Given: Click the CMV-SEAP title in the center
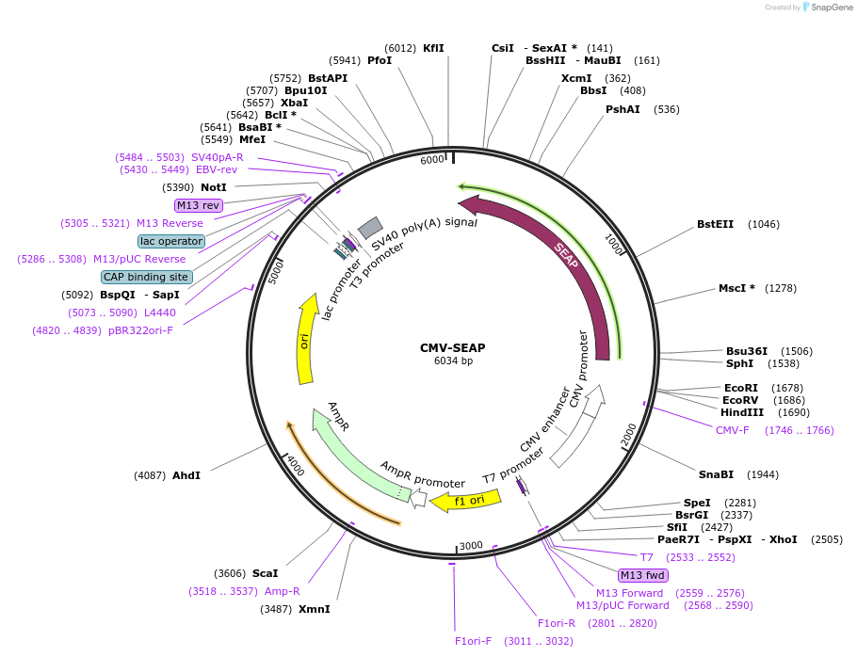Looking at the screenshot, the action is (452, 347).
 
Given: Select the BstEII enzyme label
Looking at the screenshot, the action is (715, 224).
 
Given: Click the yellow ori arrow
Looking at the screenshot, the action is (306, 339).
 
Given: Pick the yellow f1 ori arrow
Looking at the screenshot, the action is (461, 501).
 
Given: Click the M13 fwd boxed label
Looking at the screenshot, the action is (642, 575).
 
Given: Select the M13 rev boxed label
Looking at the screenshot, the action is (199, 205).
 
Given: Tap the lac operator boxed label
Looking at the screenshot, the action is (170, 241).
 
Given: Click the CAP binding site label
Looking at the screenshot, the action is (147, 277).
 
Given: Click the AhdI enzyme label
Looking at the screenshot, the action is (186, 475).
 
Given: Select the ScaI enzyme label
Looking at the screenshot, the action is (265, 573).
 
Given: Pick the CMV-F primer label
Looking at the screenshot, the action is (732, 430).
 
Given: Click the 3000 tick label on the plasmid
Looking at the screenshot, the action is (471, 546).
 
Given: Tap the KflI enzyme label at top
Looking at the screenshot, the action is (433, 48).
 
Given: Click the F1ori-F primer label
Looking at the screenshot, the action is (474, 641).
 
